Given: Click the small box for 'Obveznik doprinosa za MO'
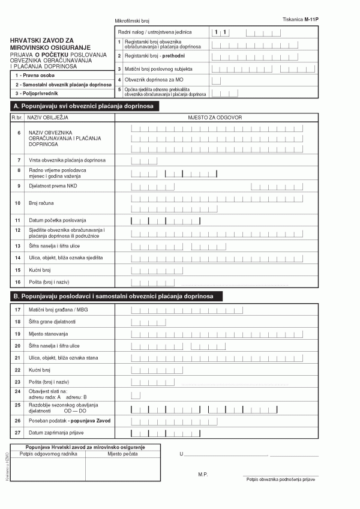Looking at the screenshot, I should click(216, 80).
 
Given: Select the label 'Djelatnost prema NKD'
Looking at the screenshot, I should click(53, 186).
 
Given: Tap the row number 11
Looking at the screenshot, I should click(19, 221).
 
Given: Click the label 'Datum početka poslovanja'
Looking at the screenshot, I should click(58, 221).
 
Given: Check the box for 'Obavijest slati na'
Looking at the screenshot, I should click(136, 395).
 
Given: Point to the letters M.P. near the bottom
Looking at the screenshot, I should click(202, 474).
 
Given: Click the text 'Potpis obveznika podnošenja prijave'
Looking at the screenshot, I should click(280, 479).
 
